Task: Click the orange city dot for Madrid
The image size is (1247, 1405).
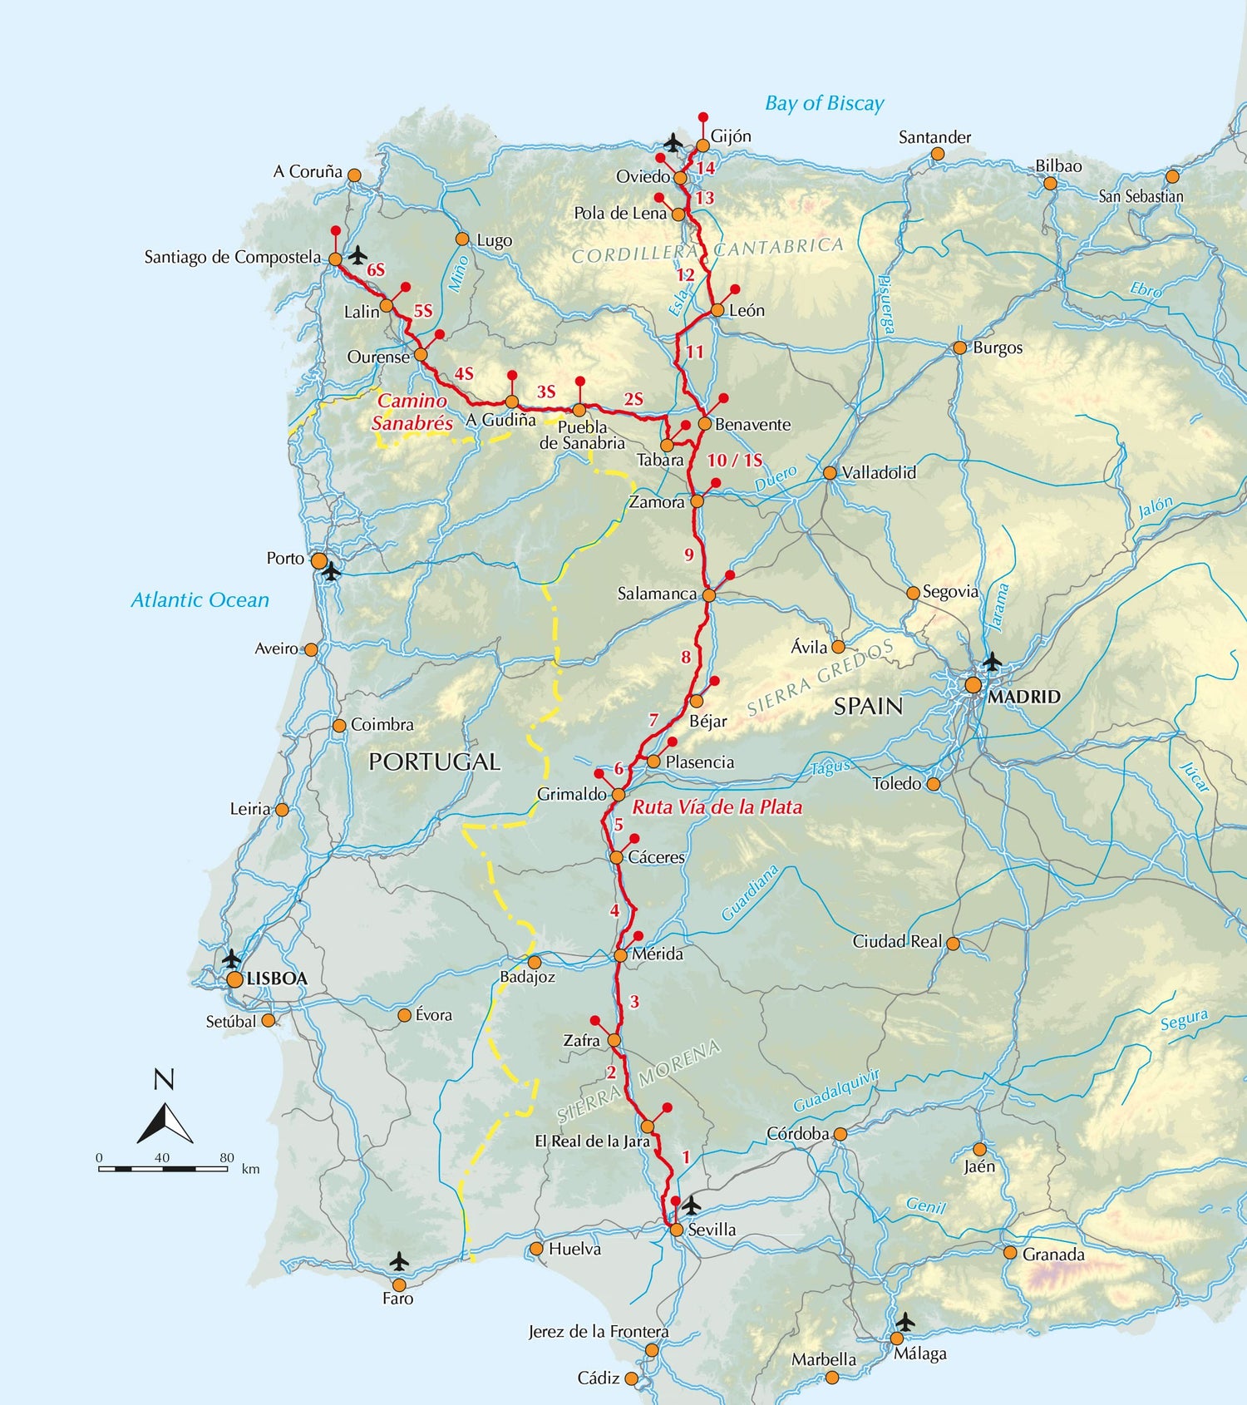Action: tap(973, 686)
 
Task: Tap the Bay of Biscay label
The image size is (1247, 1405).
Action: tap(824, 104)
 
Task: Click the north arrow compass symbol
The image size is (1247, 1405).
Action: tap(165, 1122)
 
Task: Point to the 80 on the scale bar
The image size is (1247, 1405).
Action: tap(226, 1157)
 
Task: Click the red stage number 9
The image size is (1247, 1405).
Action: tap(688, 555)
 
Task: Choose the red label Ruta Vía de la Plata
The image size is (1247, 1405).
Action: tap(717, 806)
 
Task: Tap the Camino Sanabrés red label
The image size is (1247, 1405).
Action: tap(412, 412)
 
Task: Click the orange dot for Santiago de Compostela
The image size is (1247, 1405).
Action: tap(335, 259)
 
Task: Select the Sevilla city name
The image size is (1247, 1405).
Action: tap(712, 1230)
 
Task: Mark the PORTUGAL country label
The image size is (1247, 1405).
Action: tap(434, 762)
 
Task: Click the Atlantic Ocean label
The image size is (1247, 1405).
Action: tap(200, 599)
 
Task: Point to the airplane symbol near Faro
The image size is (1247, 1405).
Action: tap(399, 1261)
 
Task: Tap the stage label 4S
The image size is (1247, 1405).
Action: tap(463, 374)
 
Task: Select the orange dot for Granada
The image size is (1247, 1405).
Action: tap(1010, 1252)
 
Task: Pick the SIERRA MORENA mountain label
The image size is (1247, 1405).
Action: tap(638, 1082)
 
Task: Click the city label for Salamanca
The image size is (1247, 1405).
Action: tap(657, 594)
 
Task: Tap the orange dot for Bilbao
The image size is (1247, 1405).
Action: tap(1050, 183)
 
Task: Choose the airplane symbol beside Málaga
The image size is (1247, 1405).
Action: tap(905, 1321)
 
